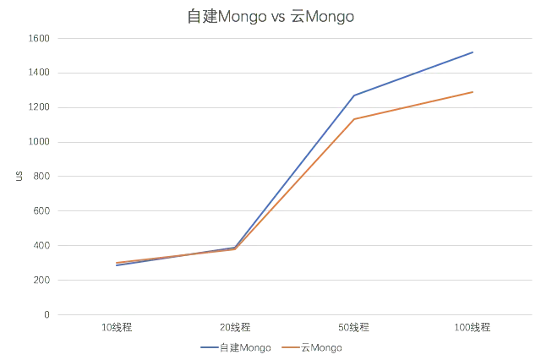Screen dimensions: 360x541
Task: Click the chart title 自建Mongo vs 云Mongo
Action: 270,17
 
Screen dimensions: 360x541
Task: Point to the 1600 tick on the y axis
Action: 41,38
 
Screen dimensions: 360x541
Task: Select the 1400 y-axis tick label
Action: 41,73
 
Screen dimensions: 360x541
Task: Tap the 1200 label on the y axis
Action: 41,107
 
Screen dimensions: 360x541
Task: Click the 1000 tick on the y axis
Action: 41,142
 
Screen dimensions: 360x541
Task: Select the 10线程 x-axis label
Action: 117,325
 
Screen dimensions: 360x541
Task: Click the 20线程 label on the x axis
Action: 235,325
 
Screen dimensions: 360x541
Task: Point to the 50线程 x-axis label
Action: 353,325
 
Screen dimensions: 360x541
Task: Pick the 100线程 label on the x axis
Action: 472,325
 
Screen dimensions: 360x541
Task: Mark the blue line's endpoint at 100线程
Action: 472,52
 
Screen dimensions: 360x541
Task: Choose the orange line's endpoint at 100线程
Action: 472,91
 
